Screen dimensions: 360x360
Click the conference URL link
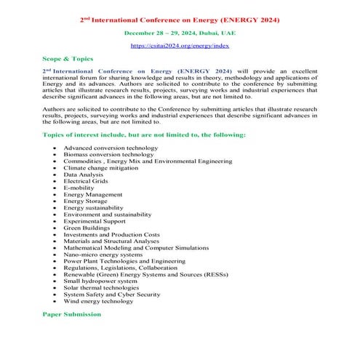179,46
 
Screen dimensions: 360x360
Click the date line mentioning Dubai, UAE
179,33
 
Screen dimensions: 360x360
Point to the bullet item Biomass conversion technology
108,154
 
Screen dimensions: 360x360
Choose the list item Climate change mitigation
101,168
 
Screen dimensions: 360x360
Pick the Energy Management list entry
93,195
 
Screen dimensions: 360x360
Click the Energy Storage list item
86,201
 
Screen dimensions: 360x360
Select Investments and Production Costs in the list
111,235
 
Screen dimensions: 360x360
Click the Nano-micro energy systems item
103,255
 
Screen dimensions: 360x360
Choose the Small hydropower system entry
100,281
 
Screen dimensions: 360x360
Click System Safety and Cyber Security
112,294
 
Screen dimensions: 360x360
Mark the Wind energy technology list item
98,301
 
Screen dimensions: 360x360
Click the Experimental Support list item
93,221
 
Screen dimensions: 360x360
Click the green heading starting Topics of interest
144,135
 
